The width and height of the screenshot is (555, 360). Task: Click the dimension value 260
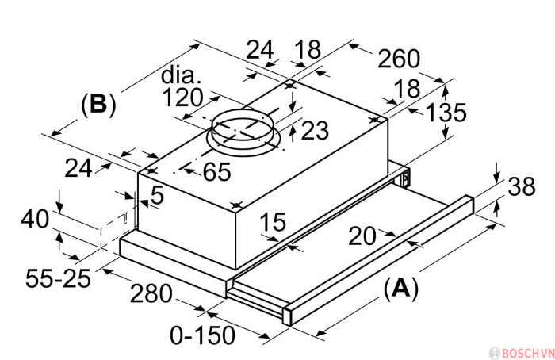(399, 59)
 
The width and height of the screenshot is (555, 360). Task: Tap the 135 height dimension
(446, 113)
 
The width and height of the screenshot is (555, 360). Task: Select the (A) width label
(400, 289)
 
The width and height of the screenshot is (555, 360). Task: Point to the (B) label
(98, 105)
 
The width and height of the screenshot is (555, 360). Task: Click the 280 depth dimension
(151, 293)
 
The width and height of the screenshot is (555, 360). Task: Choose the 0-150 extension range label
(202, 335)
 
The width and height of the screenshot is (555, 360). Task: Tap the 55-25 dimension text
(58, 278)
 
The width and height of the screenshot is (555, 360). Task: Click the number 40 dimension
(35, 219)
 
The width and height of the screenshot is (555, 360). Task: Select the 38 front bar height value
(522, 186)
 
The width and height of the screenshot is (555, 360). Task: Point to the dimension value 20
(362, 236)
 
